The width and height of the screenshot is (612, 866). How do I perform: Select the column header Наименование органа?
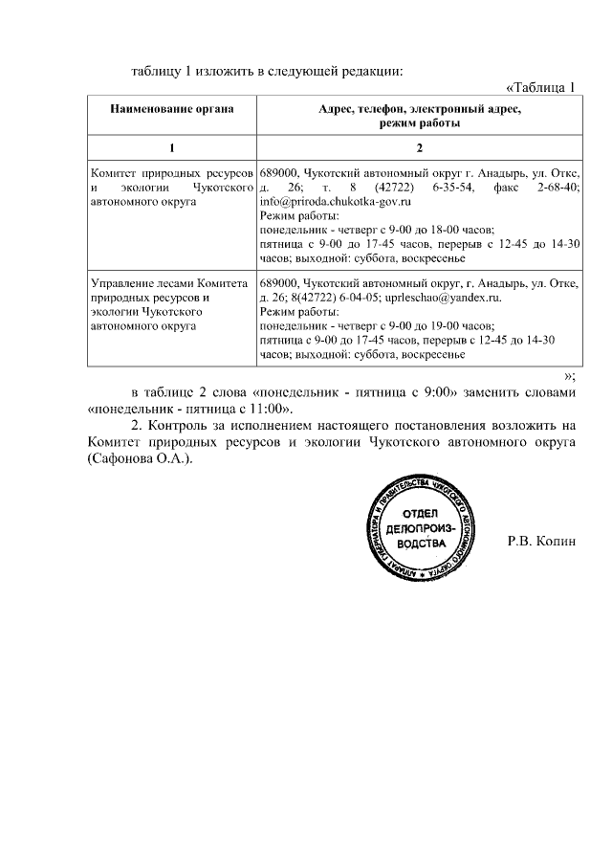click(x=172, y=110)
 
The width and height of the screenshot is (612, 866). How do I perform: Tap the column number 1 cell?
click(x=172, y=147)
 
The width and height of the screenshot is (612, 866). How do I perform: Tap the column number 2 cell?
click(x=419, y=147)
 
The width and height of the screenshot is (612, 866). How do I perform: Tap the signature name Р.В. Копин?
click(x=542, y=542)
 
